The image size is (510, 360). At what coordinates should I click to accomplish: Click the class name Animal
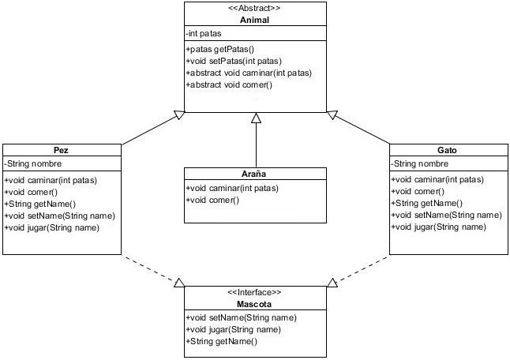tap(254, 20)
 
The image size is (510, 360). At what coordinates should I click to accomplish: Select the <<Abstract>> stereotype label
tap(254, 9)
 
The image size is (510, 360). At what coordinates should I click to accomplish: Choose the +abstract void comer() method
tap(229, 84)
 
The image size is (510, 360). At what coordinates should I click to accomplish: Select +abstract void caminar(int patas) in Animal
tap(249, 73)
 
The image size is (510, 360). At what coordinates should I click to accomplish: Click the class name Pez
tap(62, 149)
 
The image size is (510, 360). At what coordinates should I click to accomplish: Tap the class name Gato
tap(447, 149)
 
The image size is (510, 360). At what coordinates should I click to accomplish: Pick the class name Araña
tap(254, 174)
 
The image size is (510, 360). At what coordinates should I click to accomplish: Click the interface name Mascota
tap(254, 302)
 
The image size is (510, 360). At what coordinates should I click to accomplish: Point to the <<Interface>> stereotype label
tap(254, 291)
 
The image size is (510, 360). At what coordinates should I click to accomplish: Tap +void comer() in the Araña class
tap(212, 200)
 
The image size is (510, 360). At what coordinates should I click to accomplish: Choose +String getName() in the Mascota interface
tap(222, 340)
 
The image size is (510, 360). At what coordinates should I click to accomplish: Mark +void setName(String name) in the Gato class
tap(446, 215)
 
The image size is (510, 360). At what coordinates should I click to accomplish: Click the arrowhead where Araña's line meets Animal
tap(255, 118)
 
